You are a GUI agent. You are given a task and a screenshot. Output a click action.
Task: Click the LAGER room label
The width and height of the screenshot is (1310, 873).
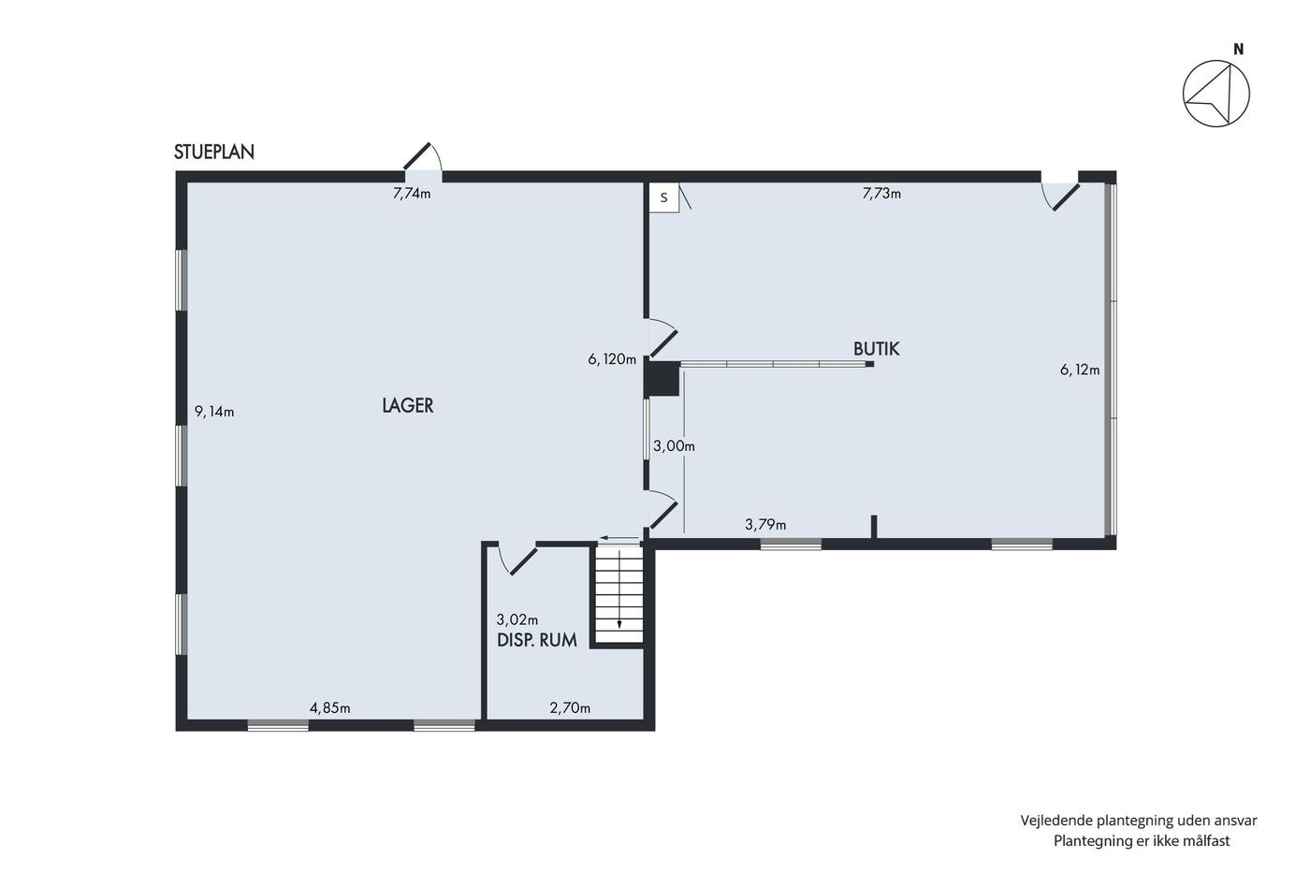pyautogui.click(x=408, y=405)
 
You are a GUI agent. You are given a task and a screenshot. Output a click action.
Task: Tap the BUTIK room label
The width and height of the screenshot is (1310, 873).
pyautogui.click(x=876, y=349)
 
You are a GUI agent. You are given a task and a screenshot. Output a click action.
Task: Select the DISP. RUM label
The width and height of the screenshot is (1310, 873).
pyautogui.click(x=537, y=640)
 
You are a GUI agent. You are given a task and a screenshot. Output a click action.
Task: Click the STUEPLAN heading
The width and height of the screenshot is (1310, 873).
pyautogui.click(x=214, y=152)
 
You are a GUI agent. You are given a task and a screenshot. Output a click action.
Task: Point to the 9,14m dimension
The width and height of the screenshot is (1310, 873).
pyautogui.click(x=214, y=412)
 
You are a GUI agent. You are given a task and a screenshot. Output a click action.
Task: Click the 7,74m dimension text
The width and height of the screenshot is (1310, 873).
pyautogui.click(x=412, y=194)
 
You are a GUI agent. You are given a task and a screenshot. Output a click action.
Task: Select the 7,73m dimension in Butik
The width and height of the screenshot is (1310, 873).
pyautogui.click(x=881, y=194)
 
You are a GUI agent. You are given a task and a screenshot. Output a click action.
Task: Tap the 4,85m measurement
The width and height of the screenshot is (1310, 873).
pyautogui.click(x=329, y=708)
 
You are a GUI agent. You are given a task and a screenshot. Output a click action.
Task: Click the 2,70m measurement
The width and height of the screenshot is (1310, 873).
pyautogui.click(x=570, y=708)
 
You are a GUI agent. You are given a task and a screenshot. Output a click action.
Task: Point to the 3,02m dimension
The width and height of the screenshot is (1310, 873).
pyautogui.click(x=517, y=619)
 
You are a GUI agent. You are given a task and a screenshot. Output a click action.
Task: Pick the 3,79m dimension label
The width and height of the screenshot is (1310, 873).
pyautogui.click(x=765, y=525)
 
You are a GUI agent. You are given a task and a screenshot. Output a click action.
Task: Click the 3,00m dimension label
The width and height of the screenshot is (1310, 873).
pyautogui.click(x=675, y=446)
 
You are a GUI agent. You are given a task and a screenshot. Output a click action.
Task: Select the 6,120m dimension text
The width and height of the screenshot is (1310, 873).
pyautogui.click(x=612, y=359)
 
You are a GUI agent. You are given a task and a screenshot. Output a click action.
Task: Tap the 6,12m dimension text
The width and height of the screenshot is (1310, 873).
pyautogui.click(x=1080, y=370)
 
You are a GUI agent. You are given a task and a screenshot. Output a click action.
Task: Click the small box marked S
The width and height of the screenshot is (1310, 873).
pyautogui.click(x=664, y=197)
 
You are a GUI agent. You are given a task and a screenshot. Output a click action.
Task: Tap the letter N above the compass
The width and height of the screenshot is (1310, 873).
pyautogui.click(x=1239, y=51)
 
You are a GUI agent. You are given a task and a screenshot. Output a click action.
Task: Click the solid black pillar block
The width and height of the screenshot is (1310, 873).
pyautogui.click(x=662, y=379)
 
